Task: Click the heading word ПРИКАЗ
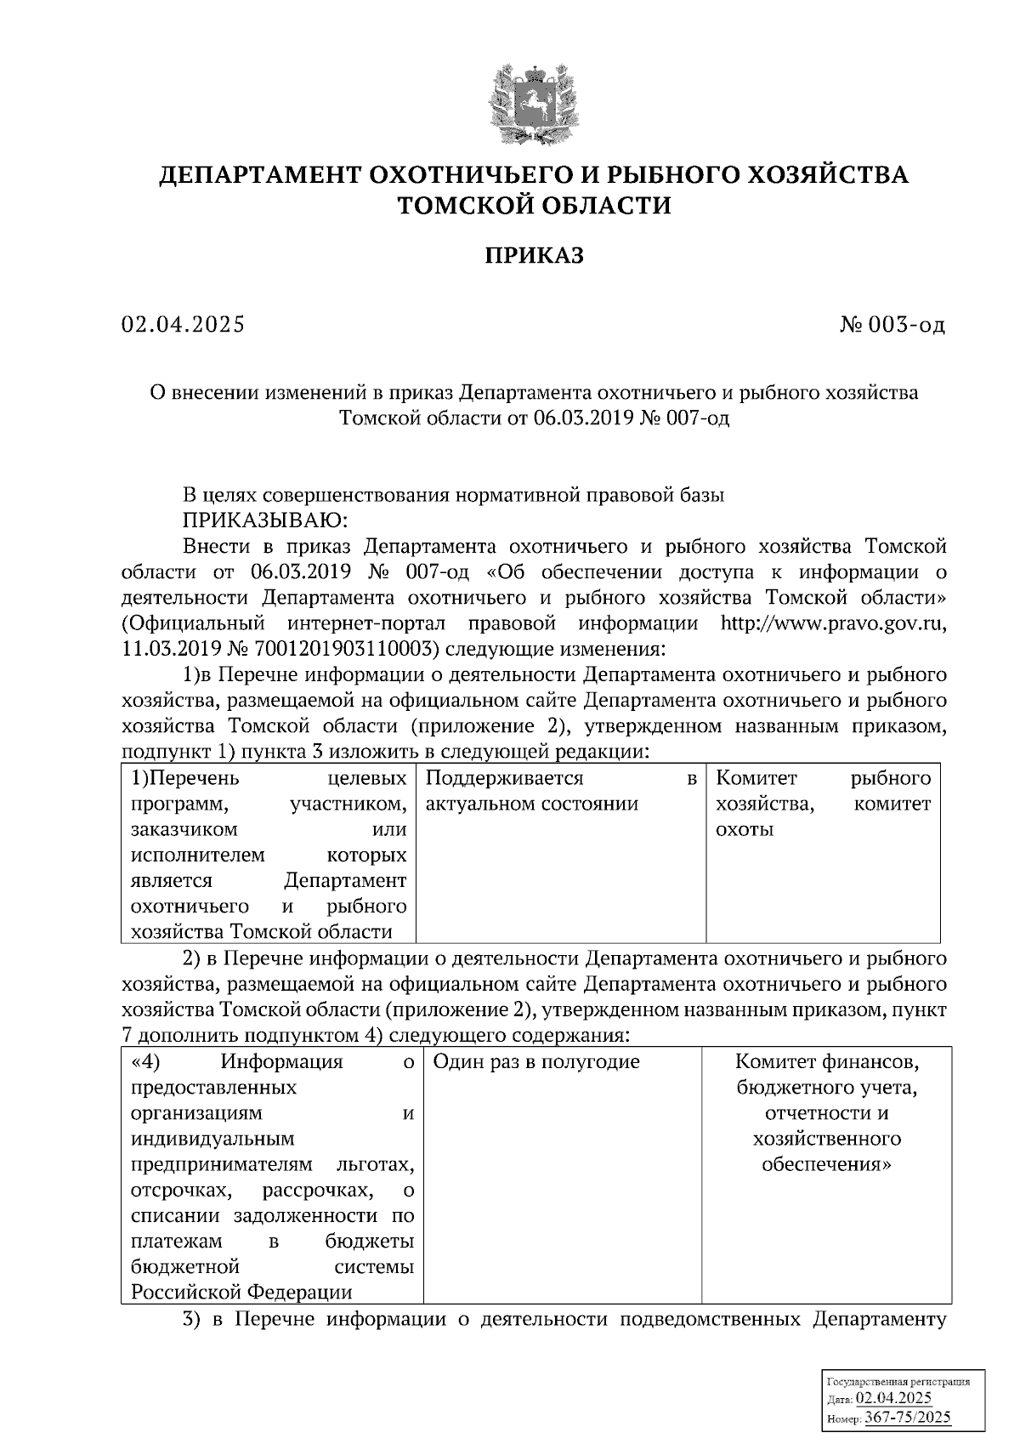click(x=535, y=255)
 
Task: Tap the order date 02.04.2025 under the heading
click(x=183, y=324)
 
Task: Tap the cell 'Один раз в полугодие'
click(x=535, y=1061)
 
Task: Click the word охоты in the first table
click(x=745, y=829)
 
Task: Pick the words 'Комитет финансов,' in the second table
click(x=827, y=1061)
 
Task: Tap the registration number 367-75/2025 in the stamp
click(x=908, y=1417)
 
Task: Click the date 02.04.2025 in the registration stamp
click(x=893, y=1399)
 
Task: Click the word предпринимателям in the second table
click(x=222, y=1163)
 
